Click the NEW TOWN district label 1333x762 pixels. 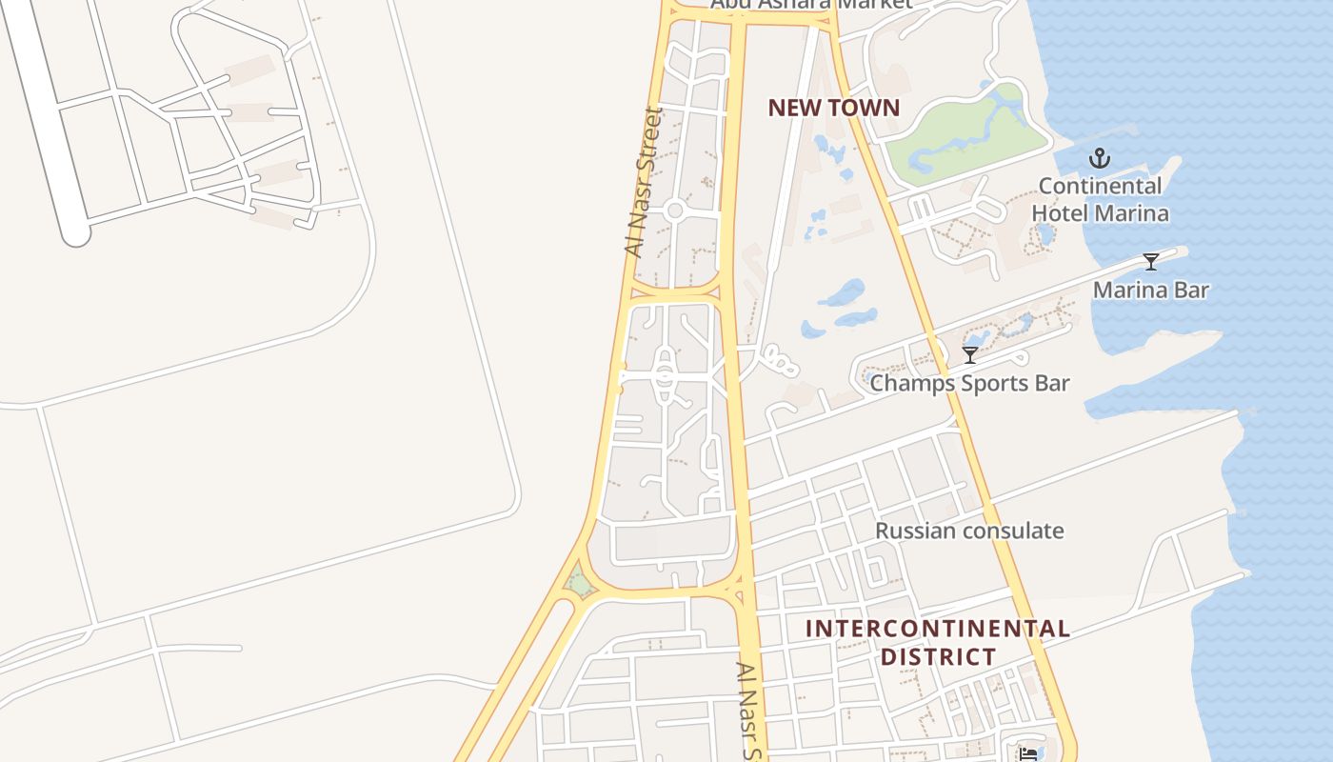tap(833, 108)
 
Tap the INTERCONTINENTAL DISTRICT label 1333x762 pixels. tap(938, 643)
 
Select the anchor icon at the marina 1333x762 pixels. tap(1101, 158)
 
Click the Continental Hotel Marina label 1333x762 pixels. tap(1100, 199)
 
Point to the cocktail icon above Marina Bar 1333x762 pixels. tap(1151, 262)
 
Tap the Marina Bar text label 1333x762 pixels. tap(1150, 290)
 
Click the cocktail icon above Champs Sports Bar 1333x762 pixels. tap(970, 355)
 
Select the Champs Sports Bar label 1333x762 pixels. tap(969, 383)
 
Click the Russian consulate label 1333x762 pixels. tap(969, 531)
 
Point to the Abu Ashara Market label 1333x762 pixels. tap(810, 4)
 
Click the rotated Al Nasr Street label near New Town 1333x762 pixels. tap(643, 181)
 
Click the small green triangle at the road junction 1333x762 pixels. tap(577, 580)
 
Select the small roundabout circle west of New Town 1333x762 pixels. tap(675, 210)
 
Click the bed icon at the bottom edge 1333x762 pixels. tap(1028, 754)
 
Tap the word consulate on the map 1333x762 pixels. tap(1017, 531)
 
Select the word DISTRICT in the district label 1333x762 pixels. tap(938, 656)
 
